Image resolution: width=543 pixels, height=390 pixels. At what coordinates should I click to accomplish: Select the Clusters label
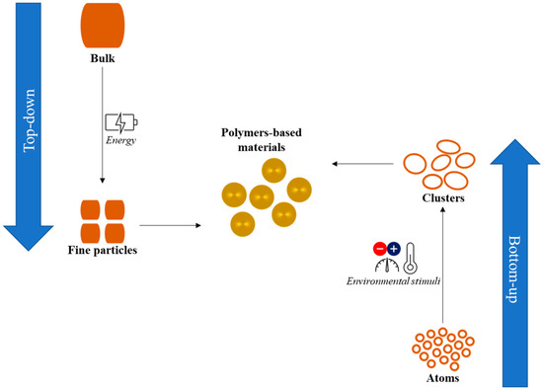point(442,199)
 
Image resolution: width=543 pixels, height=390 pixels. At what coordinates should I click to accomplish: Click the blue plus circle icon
point(396,247)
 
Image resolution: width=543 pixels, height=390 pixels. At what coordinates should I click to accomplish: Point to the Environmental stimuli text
point(393,282)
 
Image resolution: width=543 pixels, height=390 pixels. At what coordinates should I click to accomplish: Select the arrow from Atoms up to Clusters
point(443,267)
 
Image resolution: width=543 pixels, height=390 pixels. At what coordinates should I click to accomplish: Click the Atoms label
point(441,376)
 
